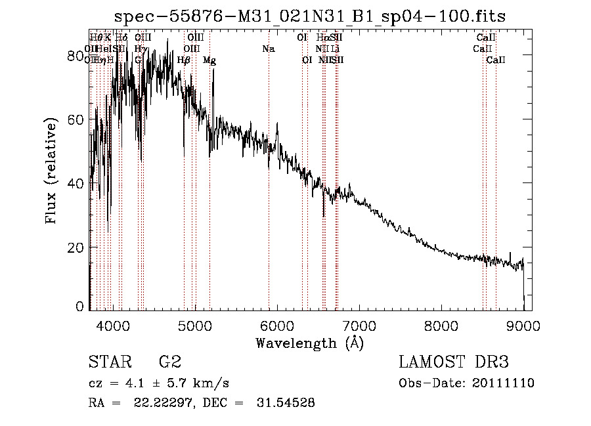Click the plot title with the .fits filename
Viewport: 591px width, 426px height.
coord(310,16)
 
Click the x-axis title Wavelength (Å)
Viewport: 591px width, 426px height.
coord(309,342)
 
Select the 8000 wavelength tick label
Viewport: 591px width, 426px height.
coord(441,324)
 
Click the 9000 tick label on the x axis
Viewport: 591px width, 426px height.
coord(523,324)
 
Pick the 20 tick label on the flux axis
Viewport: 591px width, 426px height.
coord(76,247)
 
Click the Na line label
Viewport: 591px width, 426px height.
coord(268,49)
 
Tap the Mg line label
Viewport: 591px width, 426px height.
coord(209,60)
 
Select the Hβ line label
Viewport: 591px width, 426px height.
coord(184,60)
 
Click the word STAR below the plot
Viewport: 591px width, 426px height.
coord(109,362)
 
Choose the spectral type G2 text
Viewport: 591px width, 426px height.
coord(169,362)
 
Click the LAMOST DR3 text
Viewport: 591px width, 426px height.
coord(453,362)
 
